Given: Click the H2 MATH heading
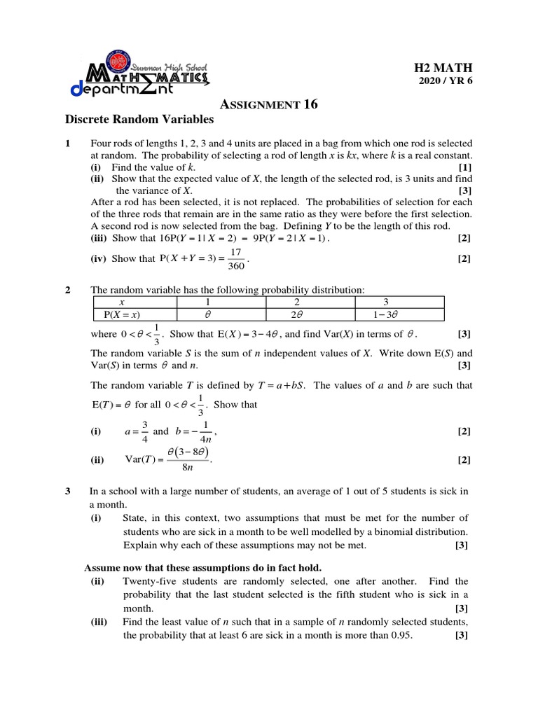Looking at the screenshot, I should click(443, 68).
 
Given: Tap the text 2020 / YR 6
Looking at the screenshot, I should click(445, 81).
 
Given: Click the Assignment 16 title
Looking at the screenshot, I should click(269, 105).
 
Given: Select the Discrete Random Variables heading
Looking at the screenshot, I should click(139, 120).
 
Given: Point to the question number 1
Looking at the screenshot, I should click(68, 144).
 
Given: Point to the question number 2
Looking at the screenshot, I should click(68, 290).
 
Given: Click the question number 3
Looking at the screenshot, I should click(68, 492).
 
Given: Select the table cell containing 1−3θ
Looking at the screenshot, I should click(399, 314).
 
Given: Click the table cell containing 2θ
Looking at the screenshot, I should click(310, 314).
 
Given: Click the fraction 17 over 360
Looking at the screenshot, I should click(236, 259).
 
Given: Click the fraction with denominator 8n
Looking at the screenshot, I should click(186, 460).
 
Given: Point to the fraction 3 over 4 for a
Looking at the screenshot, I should click(144, 432).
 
